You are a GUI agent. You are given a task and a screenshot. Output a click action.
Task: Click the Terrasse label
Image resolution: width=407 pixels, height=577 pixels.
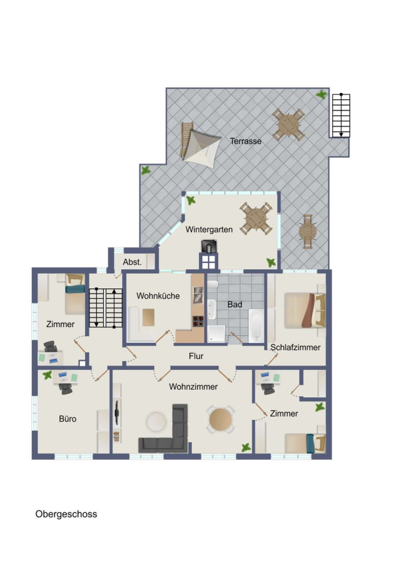pos(245,141)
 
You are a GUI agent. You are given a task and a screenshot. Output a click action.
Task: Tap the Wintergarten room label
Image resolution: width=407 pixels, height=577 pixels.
pos(209,230)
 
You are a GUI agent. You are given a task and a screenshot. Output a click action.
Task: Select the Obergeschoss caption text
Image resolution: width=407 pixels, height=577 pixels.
pos(66,514)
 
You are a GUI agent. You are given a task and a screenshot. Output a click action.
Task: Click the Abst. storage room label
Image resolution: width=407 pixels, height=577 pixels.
pos(132,262)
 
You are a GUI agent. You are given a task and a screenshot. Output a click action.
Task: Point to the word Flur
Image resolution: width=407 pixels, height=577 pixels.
pos(196,356)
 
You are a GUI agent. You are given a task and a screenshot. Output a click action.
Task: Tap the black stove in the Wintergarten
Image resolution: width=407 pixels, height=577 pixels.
pos(209,246)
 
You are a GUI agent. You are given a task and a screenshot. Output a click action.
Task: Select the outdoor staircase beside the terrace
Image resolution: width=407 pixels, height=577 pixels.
pos(341,115)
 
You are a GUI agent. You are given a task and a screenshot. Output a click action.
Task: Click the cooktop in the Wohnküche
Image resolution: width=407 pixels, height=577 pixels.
pos(198,321)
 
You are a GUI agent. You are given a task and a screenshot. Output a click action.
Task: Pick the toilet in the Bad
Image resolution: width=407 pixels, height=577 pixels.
pos(212,284)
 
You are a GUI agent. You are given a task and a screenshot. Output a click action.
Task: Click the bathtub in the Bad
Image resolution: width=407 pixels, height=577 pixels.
pos(256,326)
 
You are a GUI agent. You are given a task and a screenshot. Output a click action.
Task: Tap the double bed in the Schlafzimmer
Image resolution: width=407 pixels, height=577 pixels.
pos(305,310)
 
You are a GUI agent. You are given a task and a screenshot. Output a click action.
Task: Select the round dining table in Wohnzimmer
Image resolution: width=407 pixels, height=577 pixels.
pos(220,419)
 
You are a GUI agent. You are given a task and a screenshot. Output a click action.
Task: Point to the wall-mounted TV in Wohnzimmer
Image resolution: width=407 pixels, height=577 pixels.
pos(116,413)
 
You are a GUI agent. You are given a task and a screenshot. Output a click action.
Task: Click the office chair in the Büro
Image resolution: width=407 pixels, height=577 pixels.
pos(66,389)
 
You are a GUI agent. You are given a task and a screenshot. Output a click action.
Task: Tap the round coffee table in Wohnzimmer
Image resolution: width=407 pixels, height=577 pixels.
pos(157,422)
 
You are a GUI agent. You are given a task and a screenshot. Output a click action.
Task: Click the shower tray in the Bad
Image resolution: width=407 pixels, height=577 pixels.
pos(216,334)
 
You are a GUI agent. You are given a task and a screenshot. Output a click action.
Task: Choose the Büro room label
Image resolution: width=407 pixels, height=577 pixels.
pos(68,419)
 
